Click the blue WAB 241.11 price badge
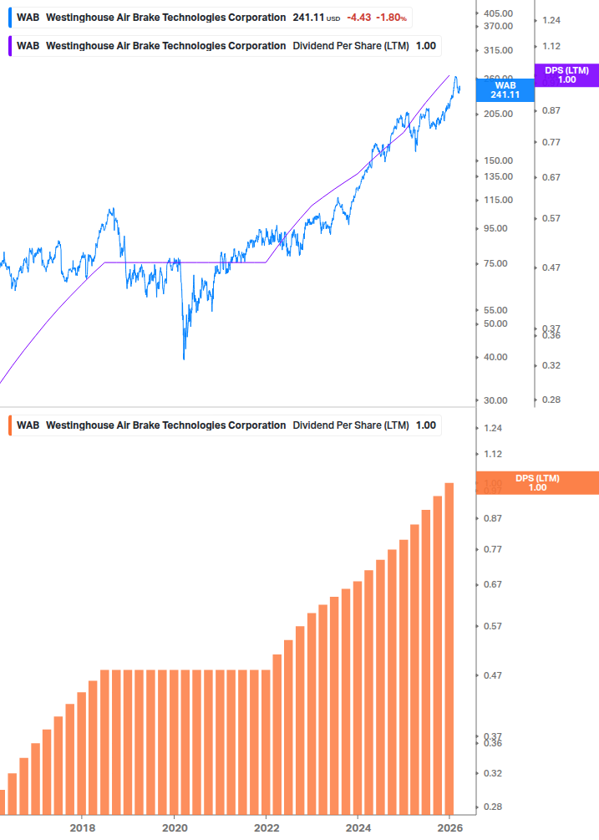(x=505, y=89)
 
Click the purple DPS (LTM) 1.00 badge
(x=566, y=75)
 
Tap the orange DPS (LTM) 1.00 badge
(x=537, y=482)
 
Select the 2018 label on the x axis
(x=82, y=827)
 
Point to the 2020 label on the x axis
(x=174, y=827)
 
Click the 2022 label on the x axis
(x=266, y=827)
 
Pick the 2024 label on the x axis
(x=358, y=827)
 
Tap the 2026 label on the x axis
(x=449, y=827)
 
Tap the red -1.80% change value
(x=392, y=18)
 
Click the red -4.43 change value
(x=358, y=18)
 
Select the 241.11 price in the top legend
(x=308, y=18)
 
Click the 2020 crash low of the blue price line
(x=183, y=359)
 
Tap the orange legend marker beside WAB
(x=9, y=425)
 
